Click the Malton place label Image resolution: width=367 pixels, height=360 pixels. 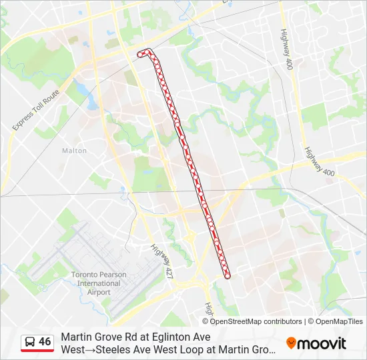[x=74, y=151]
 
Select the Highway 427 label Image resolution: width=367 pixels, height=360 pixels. [x=161, y=259]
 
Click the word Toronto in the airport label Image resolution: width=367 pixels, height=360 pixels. [x=84, y=275]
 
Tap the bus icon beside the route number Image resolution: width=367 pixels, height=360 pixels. [x=30, y=342]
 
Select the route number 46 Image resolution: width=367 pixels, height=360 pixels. [x=45, y=342]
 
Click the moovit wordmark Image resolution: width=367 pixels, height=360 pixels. [x=322, y=343]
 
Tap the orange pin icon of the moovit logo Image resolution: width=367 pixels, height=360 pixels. [x=291, y=343]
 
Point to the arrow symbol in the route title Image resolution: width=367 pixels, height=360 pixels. [x=94, y=349]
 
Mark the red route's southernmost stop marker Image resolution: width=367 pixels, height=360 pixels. [x=228, y=275]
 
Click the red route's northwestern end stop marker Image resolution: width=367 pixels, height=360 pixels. [x=140, y=53]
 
